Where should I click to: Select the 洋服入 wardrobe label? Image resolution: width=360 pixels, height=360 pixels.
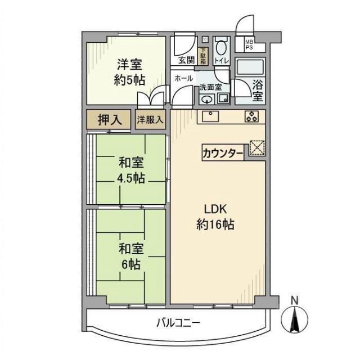coord(151,119)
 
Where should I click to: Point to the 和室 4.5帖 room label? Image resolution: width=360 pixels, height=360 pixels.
coord(131,164)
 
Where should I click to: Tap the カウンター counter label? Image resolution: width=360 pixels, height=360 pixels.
coord(223,152)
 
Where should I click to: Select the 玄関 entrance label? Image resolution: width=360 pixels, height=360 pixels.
coord(185,60)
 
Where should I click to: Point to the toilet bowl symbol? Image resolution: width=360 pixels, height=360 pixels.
coord(221,45)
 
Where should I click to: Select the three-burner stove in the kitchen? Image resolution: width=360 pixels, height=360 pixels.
coord(251,116)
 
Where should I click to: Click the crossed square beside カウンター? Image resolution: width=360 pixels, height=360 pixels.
coord(256,147)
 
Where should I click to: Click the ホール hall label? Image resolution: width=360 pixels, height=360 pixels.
coord(184,78)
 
